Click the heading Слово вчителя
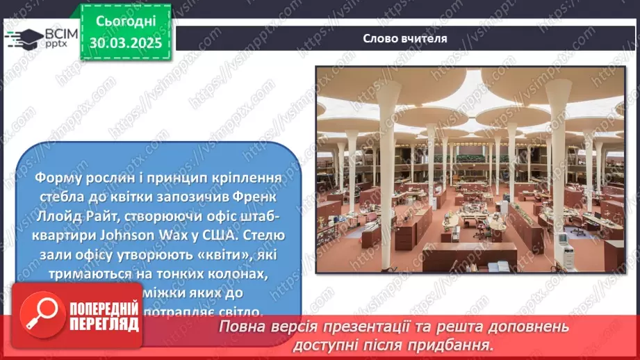click(405, 38)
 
